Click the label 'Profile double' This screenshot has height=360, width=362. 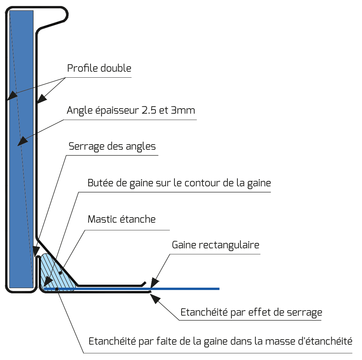tap(99, 68)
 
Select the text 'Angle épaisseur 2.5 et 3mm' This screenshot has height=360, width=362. tap(131, 110)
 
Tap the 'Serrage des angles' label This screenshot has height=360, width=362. tap(112, 146)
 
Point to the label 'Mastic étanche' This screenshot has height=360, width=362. tap(122, 219)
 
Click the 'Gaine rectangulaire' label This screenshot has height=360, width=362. tap(215, 245)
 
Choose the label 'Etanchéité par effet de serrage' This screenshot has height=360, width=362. tap(251, 312)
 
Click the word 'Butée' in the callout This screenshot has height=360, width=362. tap(101, 183)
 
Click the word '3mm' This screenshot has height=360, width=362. tap(183, 110)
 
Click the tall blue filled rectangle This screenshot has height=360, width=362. tap(21, 149)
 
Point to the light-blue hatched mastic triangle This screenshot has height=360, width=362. tap(55, 274)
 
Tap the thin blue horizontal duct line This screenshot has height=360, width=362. tap(132, 289)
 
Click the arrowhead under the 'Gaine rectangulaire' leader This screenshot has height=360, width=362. tap(154, 283)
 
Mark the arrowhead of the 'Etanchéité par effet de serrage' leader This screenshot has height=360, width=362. tap(155, 298)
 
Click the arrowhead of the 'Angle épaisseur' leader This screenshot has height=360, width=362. tap(22, 141)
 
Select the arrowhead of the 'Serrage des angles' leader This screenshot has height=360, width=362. tap(36, 251)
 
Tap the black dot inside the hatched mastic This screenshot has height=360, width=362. tap(61, 273)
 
